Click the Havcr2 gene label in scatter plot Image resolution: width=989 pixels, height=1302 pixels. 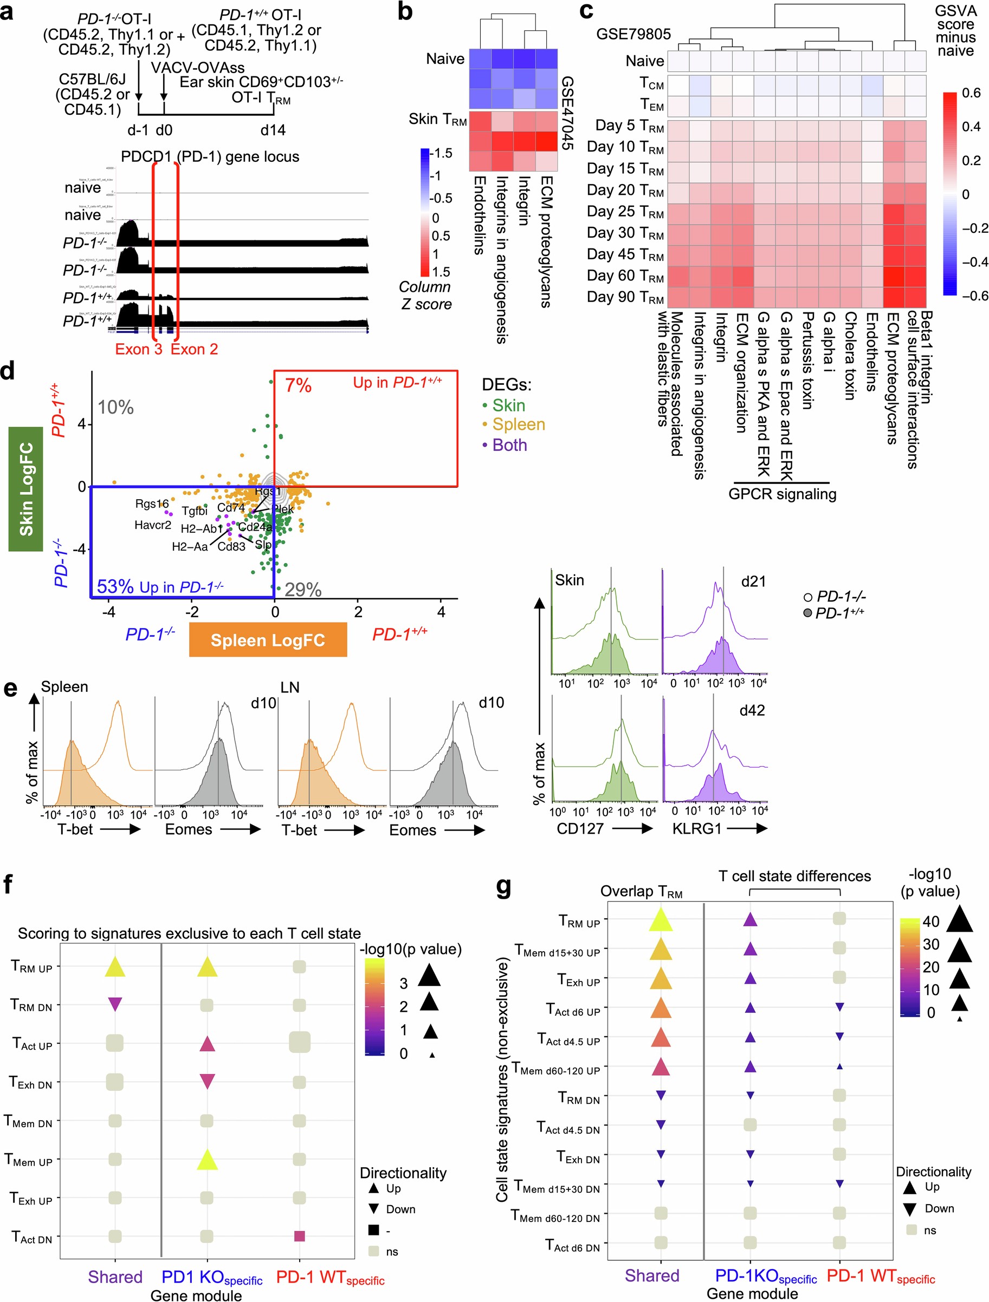[153, 525]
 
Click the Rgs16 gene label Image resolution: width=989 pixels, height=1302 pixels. [151, 503]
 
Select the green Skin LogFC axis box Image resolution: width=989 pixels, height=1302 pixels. [26, 488]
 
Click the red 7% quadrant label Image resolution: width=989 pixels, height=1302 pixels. [298, 385]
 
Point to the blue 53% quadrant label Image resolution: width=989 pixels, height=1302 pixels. [115, 586]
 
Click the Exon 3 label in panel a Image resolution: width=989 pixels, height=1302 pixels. [138, 349]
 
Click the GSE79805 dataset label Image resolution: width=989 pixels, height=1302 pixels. [633, 34]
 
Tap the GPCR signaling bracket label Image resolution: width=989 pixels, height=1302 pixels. [781, 494]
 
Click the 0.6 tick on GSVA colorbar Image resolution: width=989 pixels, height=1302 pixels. [971, 93]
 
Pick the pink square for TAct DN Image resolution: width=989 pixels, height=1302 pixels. [299, 1236]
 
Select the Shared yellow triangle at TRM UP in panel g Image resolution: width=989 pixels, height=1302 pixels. [660, 919]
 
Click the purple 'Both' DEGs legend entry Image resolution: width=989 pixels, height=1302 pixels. [509, 445]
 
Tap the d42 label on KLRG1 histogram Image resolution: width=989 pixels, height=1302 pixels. [752, 710]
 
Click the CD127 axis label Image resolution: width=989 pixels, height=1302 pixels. [580, 828]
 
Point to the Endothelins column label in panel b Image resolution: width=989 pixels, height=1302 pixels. [479, 215]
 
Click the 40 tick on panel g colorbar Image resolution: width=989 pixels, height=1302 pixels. [930, 921]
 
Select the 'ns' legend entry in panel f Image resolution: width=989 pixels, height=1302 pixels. [392, 1251]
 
